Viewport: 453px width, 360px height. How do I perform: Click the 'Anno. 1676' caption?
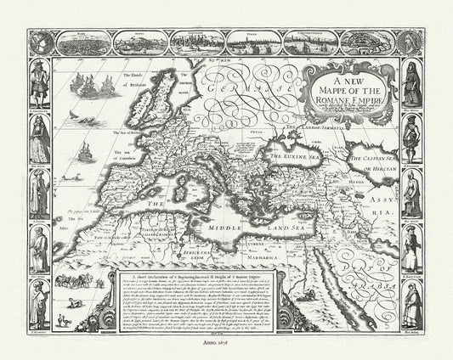(x=226, y=349)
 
